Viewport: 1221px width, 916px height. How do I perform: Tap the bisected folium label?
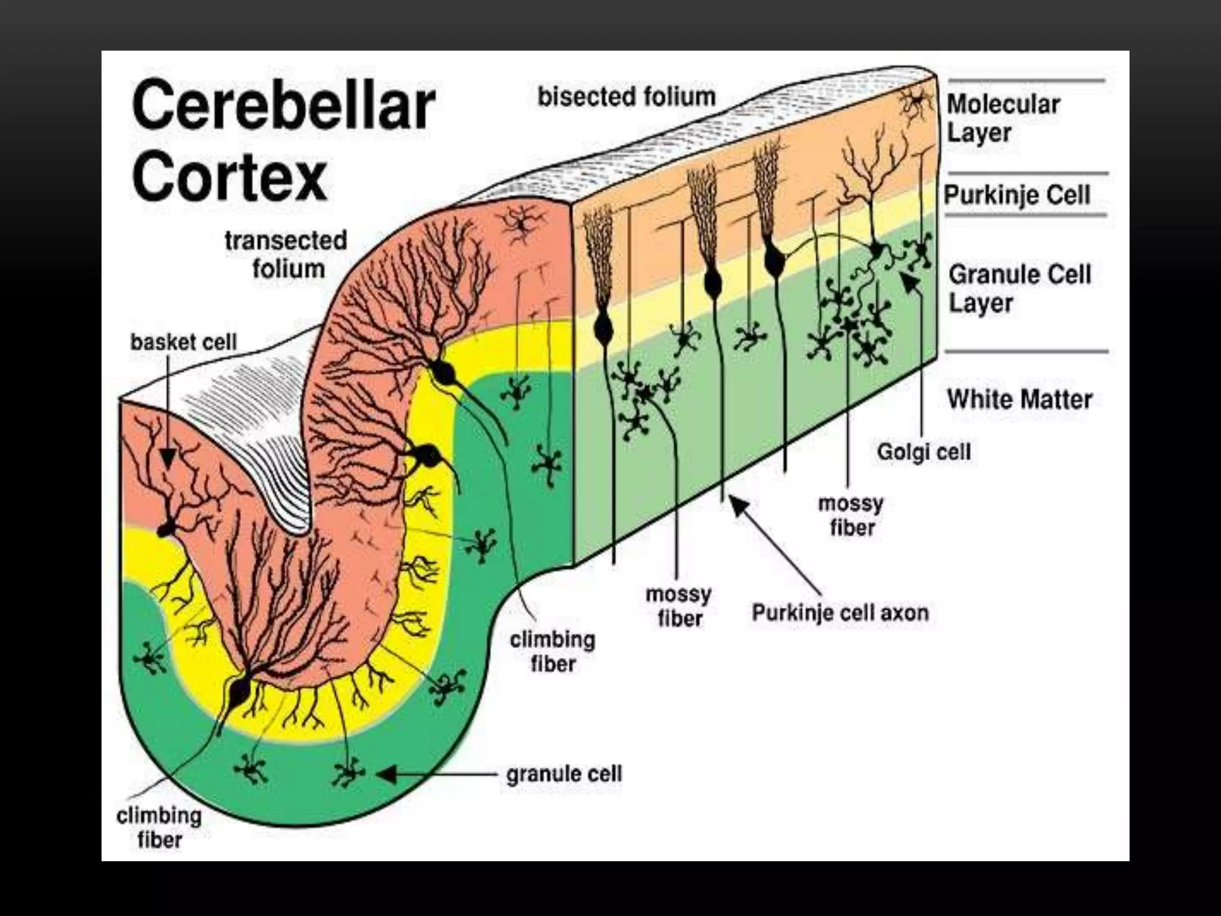(626, 97)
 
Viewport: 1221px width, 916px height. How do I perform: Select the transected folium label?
(286, 255)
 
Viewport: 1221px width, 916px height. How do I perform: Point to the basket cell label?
(184, 342)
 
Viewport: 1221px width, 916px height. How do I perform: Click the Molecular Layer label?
(1003, 118)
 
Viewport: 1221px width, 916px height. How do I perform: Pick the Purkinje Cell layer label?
(1017, 194)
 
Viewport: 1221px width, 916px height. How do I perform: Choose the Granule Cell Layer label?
(1019, 289)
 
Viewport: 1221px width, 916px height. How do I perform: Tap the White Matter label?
(1019, 399)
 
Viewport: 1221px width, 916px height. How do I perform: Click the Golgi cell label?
(924, 451)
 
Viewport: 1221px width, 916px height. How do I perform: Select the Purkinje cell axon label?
(840, 612)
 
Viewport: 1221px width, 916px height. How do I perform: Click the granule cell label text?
(564, 774)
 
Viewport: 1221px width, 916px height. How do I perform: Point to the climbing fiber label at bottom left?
(159, 828)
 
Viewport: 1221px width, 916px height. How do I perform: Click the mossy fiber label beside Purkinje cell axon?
(678, 606)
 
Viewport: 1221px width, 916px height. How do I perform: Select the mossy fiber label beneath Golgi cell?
(851, 516)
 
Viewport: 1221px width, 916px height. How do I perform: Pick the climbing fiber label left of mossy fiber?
(553, 651)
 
